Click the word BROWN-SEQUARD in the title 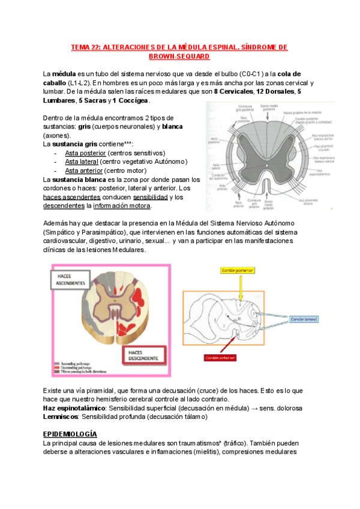click(x=179, y=56)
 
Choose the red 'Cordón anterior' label click(x=220, y=358)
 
